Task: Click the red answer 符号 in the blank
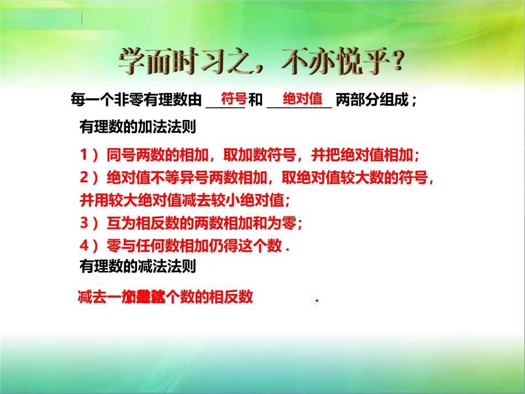pos(233,99)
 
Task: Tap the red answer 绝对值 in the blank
pos(302,99)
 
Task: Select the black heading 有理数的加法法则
pos(138,128)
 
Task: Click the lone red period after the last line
pos(317,300)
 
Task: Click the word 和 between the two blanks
pos(255,101)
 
